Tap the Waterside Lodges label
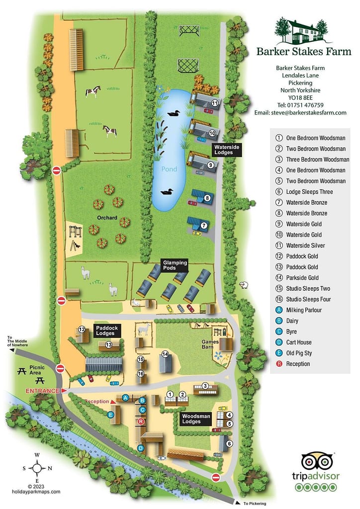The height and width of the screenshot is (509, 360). click(x=224, y=150)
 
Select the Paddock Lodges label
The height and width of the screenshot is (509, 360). click(x=105, y=331)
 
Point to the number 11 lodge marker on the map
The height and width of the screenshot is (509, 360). click(x=214, y=103)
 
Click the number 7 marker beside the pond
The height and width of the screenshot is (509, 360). click(x=204, y=225)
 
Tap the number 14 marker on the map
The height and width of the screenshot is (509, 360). click(x=165, y=354)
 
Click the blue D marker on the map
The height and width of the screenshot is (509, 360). click(x=141, y=448)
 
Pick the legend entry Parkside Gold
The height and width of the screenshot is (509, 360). click(x=302, y=277)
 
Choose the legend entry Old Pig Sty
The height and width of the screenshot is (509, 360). click(x=298, y=353)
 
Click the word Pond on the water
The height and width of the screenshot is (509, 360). click(x=169, y=169)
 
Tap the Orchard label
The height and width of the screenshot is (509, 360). click(x=107, y=218)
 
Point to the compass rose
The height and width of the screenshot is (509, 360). click(x=37, y=467)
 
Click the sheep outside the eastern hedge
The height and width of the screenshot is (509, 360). click(x=244, y=285)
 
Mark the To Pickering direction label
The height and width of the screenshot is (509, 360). click(x=255, y=504)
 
